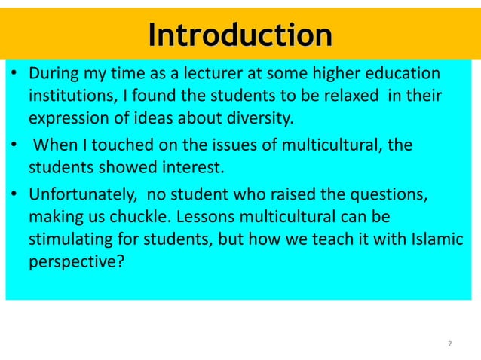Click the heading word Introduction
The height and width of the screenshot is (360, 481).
tap(240, 35)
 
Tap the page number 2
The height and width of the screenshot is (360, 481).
tap(450, 344)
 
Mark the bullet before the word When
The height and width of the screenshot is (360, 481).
tap(14, 144)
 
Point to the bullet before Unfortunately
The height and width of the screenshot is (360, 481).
tap(14, 194)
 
